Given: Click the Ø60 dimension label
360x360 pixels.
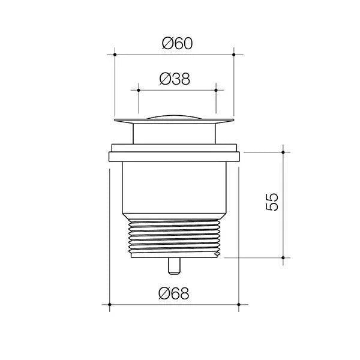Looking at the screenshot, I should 176,43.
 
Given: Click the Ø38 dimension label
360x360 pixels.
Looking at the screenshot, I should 176,78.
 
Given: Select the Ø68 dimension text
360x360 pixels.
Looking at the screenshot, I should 174,293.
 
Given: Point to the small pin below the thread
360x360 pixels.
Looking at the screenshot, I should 174,265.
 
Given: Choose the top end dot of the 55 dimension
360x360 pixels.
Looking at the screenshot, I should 284,152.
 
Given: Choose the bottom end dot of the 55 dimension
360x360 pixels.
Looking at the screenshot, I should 284,257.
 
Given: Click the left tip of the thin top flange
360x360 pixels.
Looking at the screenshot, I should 115,122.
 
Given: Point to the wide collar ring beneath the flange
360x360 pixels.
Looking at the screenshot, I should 174,157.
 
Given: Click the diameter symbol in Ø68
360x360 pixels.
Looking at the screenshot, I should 165,293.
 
